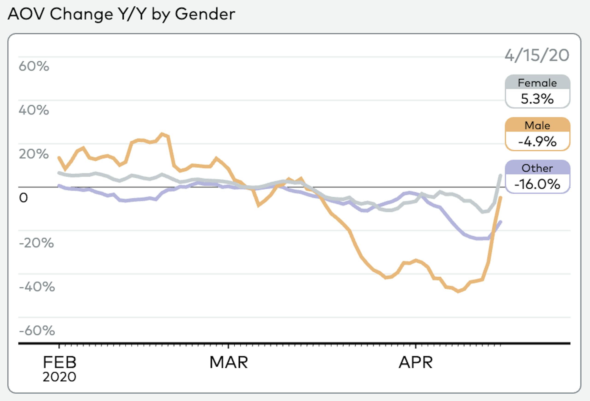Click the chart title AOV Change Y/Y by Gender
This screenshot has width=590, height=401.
tap(121, 14)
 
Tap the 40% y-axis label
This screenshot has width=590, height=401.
tap(34, 110)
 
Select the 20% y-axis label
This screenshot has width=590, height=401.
tap(34, 154)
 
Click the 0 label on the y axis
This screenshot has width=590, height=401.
tap(23, 198)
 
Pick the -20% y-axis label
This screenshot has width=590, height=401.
tap(37, 243)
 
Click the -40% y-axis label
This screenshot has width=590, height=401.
tap(37, 287)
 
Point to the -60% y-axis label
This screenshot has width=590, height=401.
tap(37, 331)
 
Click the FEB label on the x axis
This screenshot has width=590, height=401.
tap(59, 362)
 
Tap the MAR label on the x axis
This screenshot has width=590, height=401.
tap(228, 362)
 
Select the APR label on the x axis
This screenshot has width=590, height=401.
tap(416, 362)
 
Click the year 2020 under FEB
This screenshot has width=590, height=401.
tap(59, 377)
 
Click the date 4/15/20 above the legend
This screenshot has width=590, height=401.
tap(537, 55)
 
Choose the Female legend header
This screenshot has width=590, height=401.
tap(537, 83)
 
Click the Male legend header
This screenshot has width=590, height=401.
tap(537, 126)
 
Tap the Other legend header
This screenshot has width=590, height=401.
tap(537, 168)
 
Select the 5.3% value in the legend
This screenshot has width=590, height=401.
tap(537, 99)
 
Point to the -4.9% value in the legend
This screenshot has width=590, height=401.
tap(537, 142)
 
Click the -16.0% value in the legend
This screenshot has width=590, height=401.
tap(537, 184)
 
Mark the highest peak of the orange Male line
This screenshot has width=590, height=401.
tap(162, 133)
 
